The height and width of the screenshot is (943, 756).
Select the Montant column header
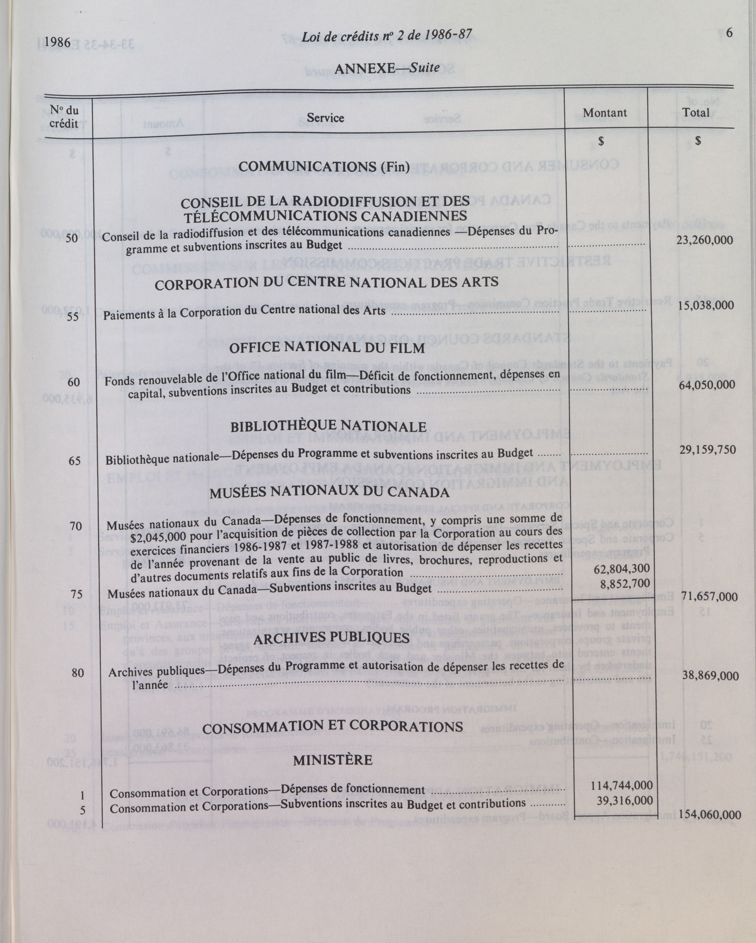point(605,113)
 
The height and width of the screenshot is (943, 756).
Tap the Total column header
point(696,112)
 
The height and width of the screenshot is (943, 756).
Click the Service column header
point(325,118)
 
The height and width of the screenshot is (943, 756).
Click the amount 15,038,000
point(706,305)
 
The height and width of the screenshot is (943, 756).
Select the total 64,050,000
point(706,385)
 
